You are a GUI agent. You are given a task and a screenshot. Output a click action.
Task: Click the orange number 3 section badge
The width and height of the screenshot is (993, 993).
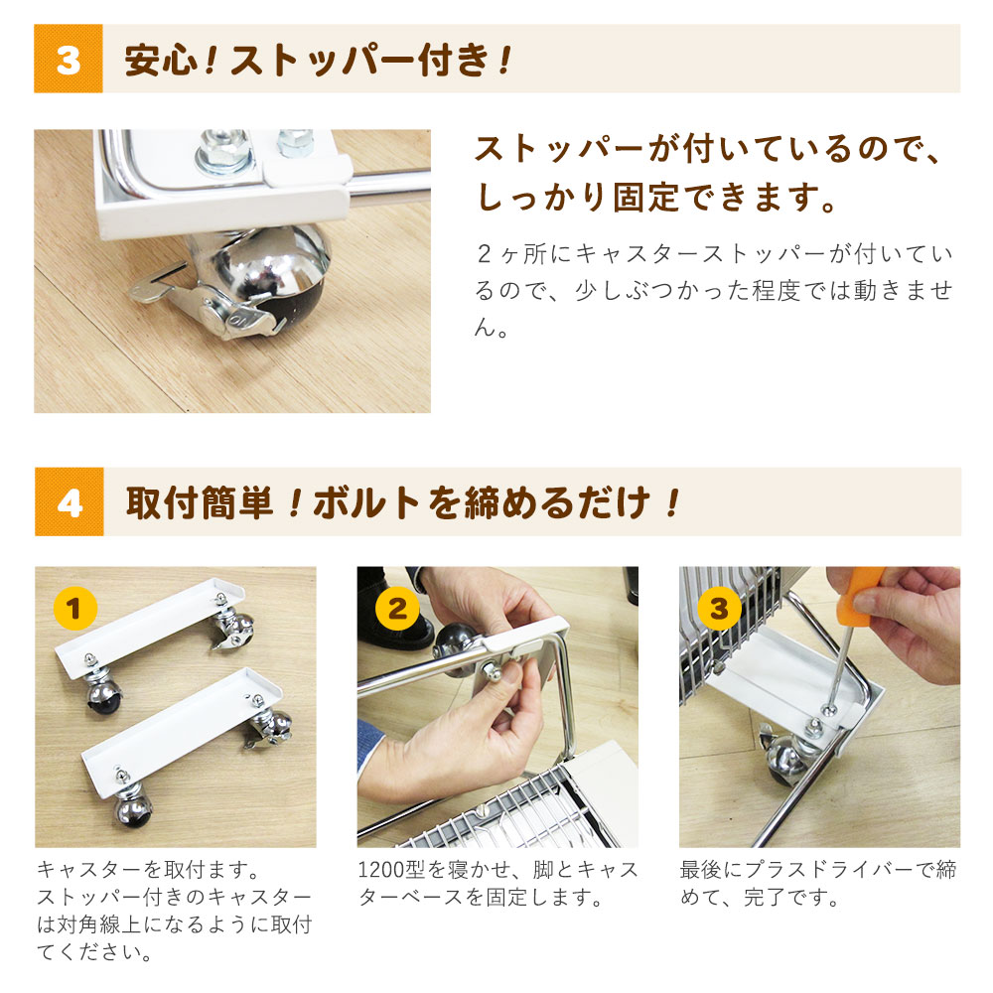click(x=68, y=60)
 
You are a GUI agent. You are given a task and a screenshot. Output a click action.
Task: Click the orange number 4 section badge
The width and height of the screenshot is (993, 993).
click(x=69, y=502)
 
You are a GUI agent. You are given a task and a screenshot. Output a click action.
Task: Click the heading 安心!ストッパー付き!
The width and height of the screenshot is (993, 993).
click(x=318, y=60)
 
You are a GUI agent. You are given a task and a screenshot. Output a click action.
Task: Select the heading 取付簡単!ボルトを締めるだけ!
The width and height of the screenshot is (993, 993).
click(x=403, y=502)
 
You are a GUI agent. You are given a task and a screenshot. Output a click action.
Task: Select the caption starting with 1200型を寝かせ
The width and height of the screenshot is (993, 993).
click(x=496, y=885)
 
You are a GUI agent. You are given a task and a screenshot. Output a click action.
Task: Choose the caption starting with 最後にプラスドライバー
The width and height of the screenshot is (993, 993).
click(x=818, y=885)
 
